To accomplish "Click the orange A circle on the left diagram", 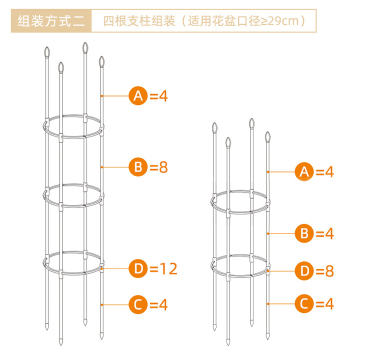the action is click(138, 96).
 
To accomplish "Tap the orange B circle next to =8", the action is click(138, 167).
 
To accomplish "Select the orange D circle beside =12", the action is click(138, 268).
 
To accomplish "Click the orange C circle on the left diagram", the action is click(138, 304).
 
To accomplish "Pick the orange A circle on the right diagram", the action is click(304, 171).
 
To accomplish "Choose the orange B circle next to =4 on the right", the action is click(304, 233).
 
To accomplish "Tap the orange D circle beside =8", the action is click(304, 271).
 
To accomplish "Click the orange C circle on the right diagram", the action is click(304, 304).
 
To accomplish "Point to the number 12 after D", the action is click(168, 268).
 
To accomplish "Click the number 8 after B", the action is click(163, 167).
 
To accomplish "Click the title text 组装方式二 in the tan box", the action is click(51, 21).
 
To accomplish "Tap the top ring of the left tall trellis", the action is click(73, 137).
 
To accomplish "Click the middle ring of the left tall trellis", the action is click(73, 206).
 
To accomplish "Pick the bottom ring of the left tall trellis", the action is click(73, 273).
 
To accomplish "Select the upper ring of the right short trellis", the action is click(240, 212).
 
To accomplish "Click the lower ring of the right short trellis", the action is click(240, 276).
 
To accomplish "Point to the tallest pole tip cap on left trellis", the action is click(85, 47).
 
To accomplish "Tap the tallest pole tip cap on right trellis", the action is click(251, 123).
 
